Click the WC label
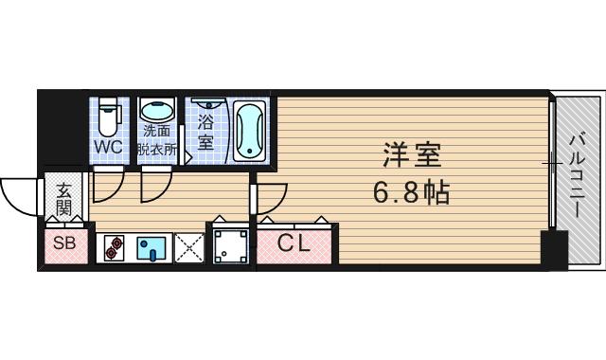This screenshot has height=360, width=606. pyautogui.click(x=108, y=147)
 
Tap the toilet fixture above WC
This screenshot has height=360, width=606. pyautogui.click(x=109, y=117)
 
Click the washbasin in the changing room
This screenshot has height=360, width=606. pyautogui.click(x=157, y=110)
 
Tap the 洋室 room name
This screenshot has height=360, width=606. pyautogui.click(x=412, y=153)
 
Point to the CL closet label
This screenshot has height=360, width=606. pyautogui.click(x=294, y=244)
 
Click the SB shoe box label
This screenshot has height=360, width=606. pyautogui.click(x=64, y=244)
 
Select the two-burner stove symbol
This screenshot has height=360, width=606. pyautogui.click(x=115, y=249)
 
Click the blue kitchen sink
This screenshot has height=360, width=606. pyautogui.click(x=151, y=249)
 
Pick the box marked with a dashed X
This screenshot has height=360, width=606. pyautogui.click(x=189, y=249)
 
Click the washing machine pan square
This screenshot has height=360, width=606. pyautogui.click(x=229, y=247)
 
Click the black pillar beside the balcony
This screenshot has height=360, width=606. pyautogui.click(x=552, y=251)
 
